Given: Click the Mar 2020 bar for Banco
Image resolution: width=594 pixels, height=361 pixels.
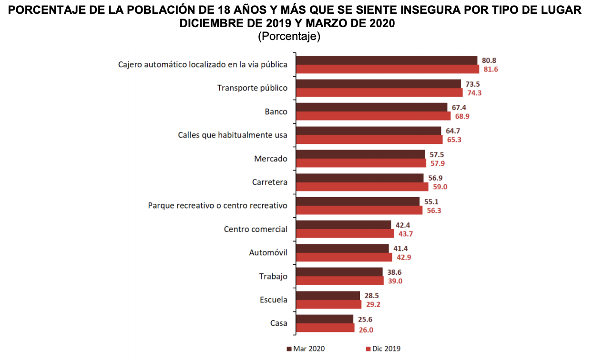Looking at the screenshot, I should click(x=371, y=107).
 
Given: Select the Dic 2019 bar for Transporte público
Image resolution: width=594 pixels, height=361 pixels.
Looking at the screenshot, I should click(x=379, y=93).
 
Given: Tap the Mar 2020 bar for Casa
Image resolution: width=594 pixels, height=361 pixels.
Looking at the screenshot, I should click(x=324, y=319).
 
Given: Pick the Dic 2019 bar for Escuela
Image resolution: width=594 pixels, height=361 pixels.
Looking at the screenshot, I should click(x=328, y=304).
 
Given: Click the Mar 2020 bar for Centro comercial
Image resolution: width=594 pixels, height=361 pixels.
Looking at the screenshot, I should click(x=343, y=225).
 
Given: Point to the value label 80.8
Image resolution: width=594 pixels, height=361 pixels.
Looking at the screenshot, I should click(x=489, y=60).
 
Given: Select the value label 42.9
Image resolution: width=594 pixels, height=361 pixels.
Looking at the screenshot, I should click(x=403, y=257).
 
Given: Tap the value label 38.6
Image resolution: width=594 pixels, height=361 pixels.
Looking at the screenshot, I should click(x=394, y=271).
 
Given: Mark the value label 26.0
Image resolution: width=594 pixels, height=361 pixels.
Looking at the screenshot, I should click(x=365, y=329).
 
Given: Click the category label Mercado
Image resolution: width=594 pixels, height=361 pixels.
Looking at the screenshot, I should click(x=270, y=159).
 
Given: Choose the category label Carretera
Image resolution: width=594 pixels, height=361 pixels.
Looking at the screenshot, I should click(x=269, y=182).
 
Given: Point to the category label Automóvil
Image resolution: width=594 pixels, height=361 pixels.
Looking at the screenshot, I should click(x=268, y=252).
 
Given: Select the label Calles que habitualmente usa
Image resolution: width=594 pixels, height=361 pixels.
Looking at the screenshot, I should click(x=232, y=135).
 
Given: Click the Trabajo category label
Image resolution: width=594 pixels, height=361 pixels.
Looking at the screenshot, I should click(x=273, y=276).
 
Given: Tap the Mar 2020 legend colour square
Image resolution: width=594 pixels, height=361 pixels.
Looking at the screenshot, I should click(x=289, y=349).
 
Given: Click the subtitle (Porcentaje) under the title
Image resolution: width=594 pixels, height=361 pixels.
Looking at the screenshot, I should click(x=289, y=36).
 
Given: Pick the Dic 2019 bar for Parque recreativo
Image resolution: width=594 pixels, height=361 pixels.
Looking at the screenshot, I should click(x=359, y=210).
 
